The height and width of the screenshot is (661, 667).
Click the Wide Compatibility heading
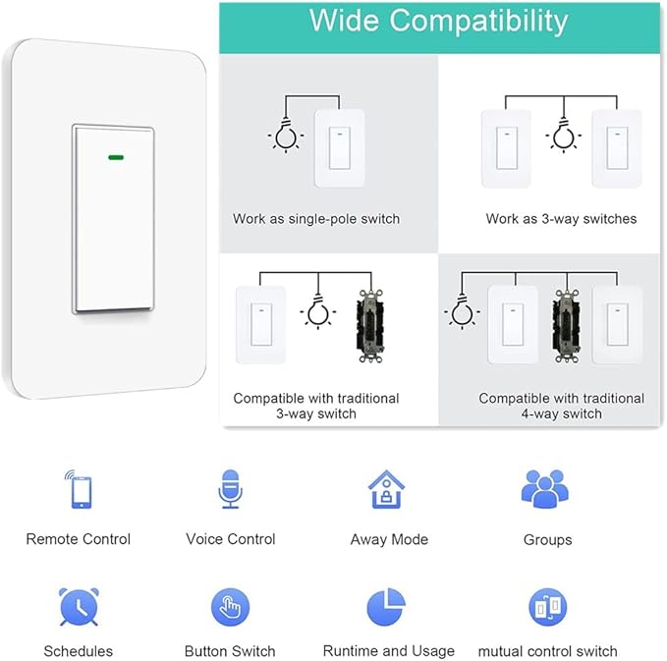[x=438, y=22]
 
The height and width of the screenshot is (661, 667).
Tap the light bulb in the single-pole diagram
[x=286, y=138]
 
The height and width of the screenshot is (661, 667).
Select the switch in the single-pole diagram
[x=339, y=148]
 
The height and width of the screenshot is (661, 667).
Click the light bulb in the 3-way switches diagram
[x=563, y=137]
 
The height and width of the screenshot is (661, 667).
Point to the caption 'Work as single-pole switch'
[x=316, y=219]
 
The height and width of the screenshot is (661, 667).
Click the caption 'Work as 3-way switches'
[x=561, y=219]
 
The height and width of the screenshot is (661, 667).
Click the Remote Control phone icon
[x=79, y=489]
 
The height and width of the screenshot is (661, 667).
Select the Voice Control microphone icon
[x=231, y=489]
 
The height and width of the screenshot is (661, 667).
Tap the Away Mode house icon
[x=387, y=489]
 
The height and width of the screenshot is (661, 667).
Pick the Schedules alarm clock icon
[x=78, y=607]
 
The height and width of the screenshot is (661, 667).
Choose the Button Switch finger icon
[x=230, y=607]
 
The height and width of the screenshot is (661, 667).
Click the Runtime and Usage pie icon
[x=387, y=607]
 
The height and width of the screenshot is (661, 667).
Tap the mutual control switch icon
[x=547, y=607]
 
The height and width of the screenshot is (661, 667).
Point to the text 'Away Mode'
[x=389, y=539]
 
